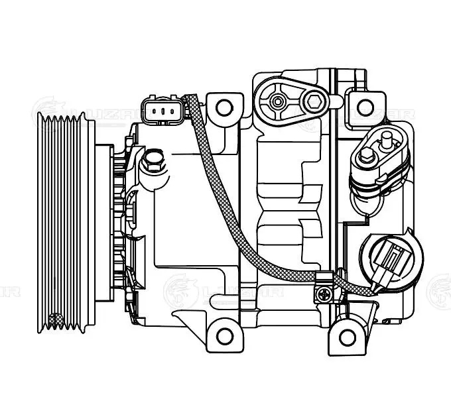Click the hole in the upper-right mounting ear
pos(364,107)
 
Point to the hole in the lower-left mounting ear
pos(225,335)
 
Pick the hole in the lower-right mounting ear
pos(345,337)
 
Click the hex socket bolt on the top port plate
pos(312,101)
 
